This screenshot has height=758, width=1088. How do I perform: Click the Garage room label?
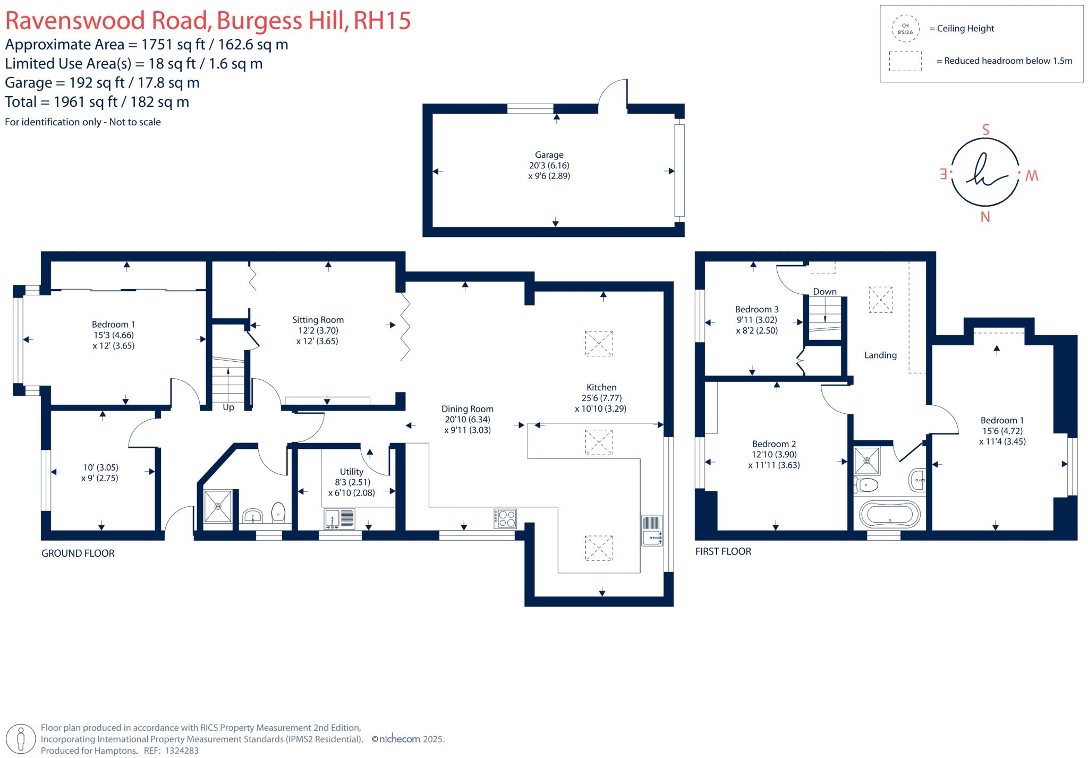[x=549, y=155]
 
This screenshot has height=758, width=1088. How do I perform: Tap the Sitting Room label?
[x=318, y=320]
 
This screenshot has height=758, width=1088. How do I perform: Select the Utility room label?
[x=351, y=472]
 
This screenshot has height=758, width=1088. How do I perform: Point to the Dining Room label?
[x=467, y=409]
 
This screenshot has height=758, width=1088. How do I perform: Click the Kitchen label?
[x=601, y=387]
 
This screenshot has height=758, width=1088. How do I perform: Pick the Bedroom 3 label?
[x=756, y=309]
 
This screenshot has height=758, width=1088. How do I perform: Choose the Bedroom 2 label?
[x=773, y=444]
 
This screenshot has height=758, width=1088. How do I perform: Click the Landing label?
[x=880, y=355]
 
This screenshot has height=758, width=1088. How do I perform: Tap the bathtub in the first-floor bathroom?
[x=889, y=514]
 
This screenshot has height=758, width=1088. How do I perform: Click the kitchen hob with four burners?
[x=505, y=518]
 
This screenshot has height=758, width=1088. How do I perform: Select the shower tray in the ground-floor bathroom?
[x=218, y=506]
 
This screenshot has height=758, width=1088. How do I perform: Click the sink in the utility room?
[x=332, y=519]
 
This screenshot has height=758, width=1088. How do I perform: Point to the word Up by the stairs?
[x=228, y=407]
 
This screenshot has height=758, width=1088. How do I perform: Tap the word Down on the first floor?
[x=824, y=292]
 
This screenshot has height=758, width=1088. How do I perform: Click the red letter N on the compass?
[x=985, y=217]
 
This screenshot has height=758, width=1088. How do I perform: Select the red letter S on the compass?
[x=985, y=130]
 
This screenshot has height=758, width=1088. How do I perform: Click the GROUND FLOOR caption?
[x=78, y=553]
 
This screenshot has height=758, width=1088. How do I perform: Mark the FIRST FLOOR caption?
[x=723, y=551]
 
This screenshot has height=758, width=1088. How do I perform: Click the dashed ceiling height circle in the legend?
[x=905, y=29]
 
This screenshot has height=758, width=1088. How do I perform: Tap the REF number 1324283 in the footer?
[x=182, y=751]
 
